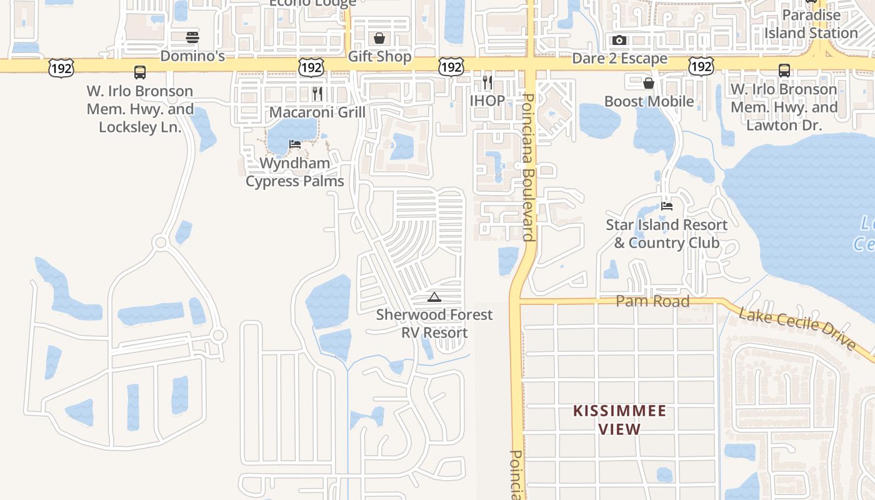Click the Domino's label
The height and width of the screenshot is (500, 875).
pyautogui.click(x=192, y=56)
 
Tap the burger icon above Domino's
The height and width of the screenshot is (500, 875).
pyautogui.click(x=192, y=37)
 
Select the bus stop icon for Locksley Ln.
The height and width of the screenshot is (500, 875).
pyautogui.click(x=140, y=72)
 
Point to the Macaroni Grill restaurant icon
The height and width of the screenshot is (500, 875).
pyautogui.click(x=317, y=94)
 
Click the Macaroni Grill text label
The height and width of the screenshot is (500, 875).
pyautogui.click(x=317, y=112)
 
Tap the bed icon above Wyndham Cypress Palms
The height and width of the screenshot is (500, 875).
pyautogui.click(x=295, y=144)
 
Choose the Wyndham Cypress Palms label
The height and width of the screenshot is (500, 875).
pyautogui.click(x=295, y=172)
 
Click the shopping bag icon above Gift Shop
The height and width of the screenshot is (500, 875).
pyautogui.click(x=379, y=38)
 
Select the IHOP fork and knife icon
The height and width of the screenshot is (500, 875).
pyautogui.click(x=487, y=82)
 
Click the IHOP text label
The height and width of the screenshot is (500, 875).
pyautogui.click(x=487, y=101)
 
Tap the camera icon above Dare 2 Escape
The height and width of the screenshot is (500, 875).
pyautogui.click(x=619, y=41)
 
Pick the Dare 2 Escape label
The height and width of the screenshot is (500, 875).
pyautogui.click(x=620, y=59)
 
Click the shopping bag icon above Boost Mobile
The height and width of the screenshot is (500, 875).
pyautogui.click(x=649, y=82)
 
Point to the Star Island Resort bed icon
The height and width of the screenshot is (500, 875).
pyautogui.click(x=667, y=206)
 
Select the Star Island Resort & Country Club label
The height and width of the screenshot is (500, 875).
pyautogui.click(x=667, y=234)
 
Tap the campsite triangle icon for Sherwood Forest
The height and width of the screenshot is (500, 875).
pyautogui.click(x=434, y=297)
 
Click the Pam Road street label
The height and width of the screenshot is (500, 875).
pyautogui.click(x=652, y=301)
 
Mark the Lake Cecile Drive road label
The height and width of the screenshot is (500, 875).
pyautogui.click(x=797, y=329)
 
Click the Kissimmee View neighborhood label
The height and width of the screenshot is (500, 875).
pyautogui.click(x=620, y=420)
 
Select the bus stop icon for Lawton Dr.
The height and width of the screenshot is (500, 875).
pyautogui.click(x=784, y=71)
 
